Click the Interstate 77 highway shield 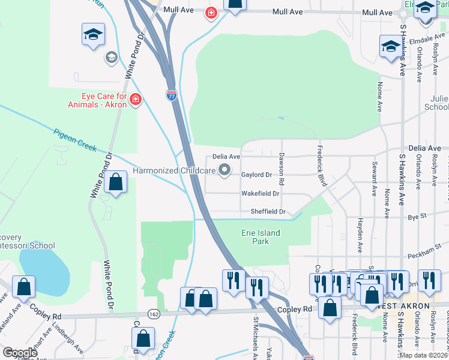point(172,95)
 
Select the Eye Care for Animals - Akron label point(104,100)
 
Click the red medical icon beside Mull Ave point(211,13)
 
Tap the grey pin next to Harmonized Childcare point(224,171)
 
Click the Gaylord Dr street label point(256,175)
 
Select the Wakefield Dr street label point(261,194)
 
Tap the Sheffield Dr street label point(267,212)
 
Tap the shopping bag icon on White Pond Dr point(115,182)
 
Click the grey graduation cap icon point(110,58)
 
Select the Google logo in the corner point(19,352)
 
